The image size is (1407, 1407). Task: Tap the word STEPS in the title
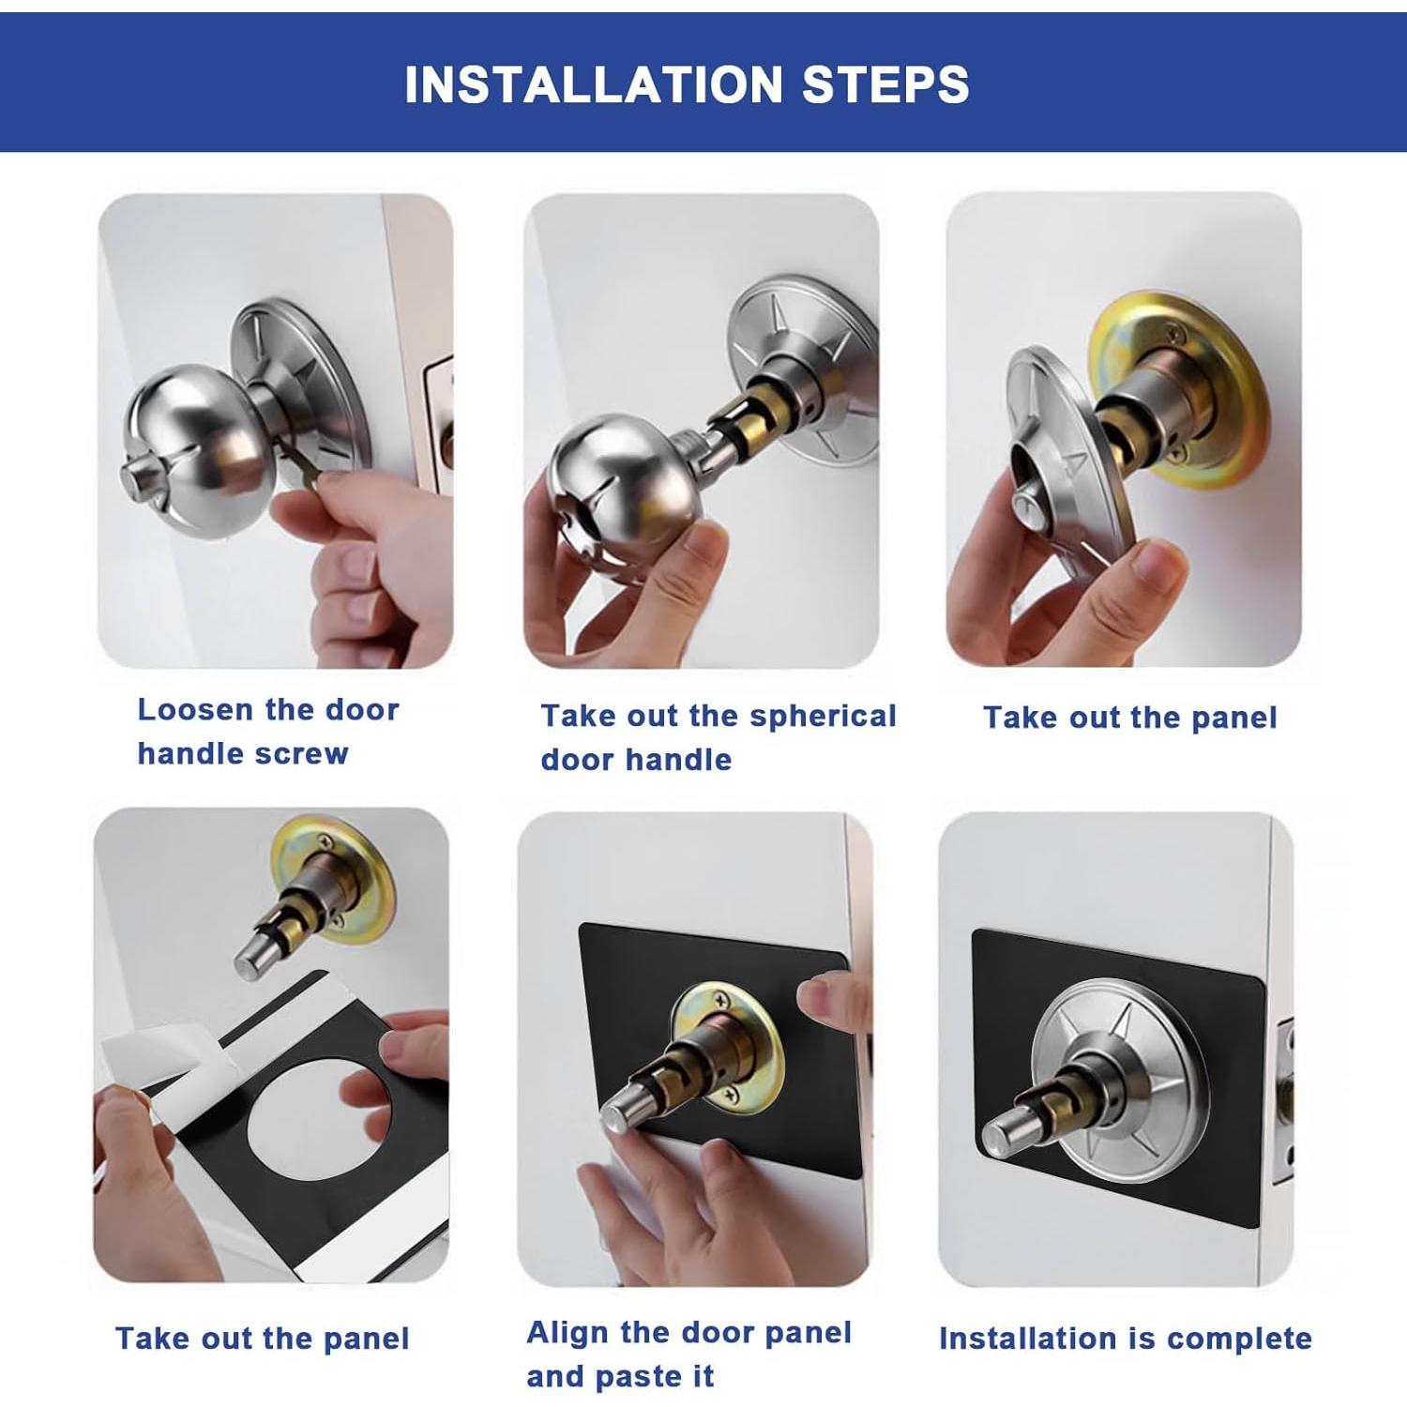(885, 84)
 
